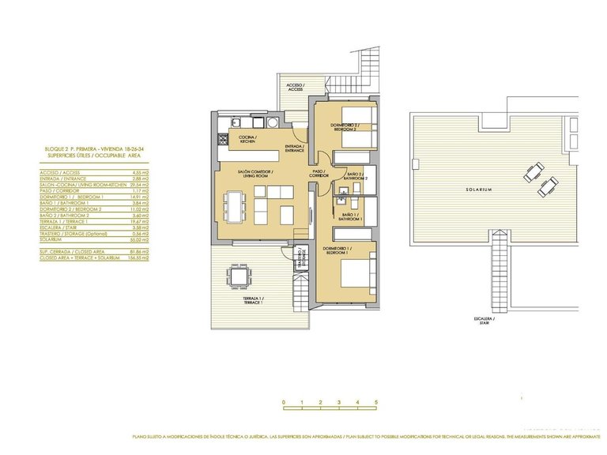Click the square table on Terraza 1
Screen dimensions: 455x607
click(237, 276)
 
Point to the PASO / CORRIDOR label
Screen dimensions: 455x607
click(319, 173)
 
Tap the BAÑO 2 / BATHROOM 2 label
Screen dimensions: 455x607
click(355, 175)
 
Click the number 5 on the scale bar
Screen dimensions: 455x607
click(376, 402)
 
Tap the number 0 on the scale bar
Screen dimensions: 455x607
click(283, 402)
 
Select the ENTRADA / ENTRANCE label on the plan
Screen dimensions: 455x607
click(294, 148)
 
